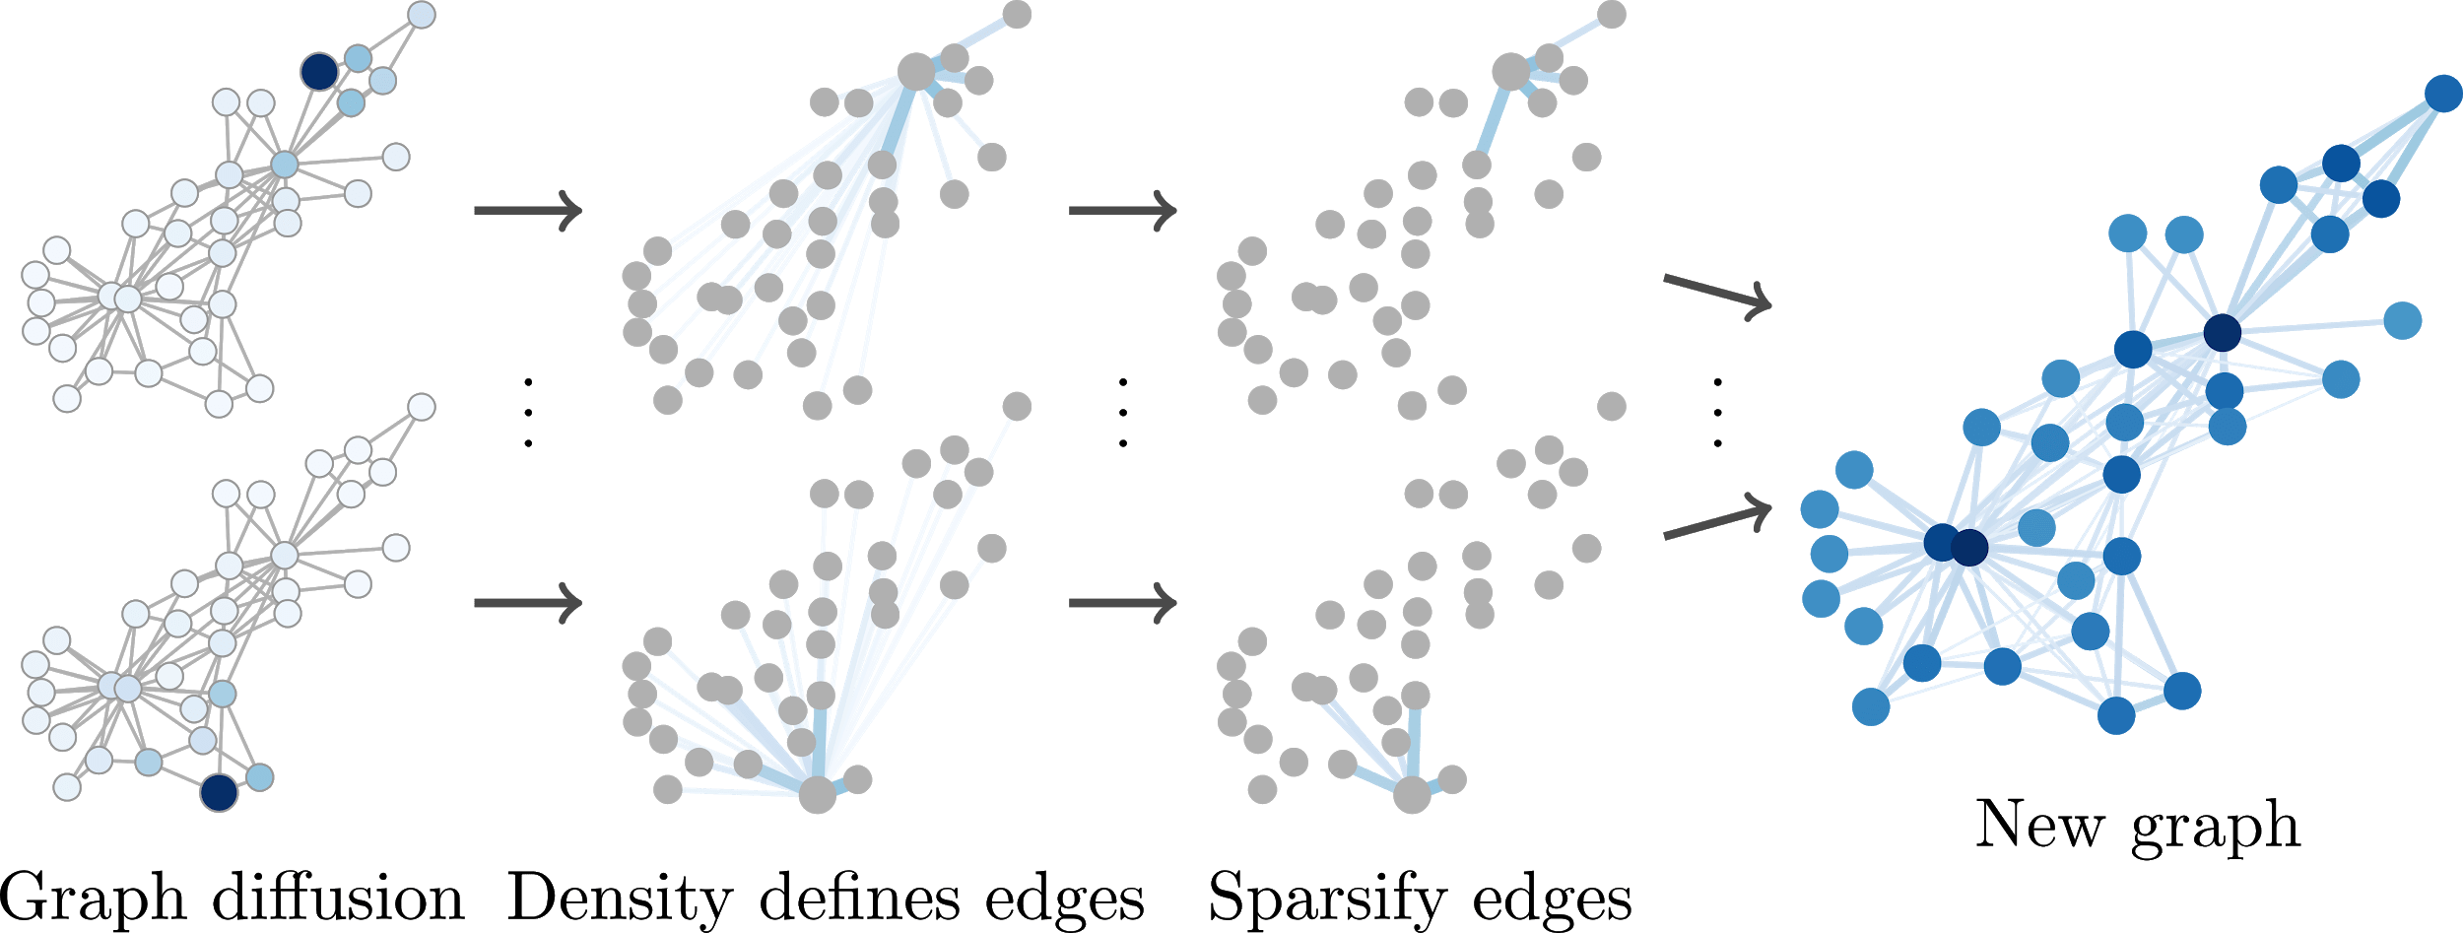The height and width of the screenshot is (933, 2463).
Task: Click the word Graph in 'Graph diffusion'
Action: click(x=94, y=900)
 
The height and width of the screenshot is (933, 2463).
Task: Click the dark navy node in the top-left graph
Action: click(x=319, y=72)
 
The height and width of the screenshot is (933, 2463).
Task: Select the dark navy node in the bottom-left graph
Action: click(x=219, y=792)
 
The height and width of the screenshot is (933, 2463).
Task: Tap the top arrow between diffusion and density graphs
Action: click(x=528, y=210)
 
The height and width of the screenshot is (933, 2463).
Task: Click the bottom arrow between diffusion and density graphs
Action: click(x=528, y=602)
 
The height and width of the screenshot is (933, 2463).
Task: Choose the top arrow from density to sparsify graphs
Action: click(x=1123, y=210)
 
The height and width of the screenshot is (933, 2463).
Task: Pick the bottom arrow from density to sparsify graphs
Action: click(x=1123, y=602)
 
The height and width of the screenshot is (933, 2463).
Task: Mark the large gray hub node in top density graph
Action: click(x=916, y=72)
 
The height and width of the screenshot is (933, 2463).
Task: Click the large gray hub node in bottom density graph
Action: click(x=817, y=794)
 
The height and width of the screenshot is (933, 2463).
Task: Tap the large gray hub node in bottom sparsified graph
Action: click(x=1412, y=794)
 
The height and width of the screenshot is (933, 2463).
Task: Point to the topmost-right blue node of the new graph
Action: click(x=2443, y=94)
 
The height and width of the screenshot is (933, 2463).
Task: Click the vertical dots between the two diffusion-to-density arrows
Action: click(x=528, y=412)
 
